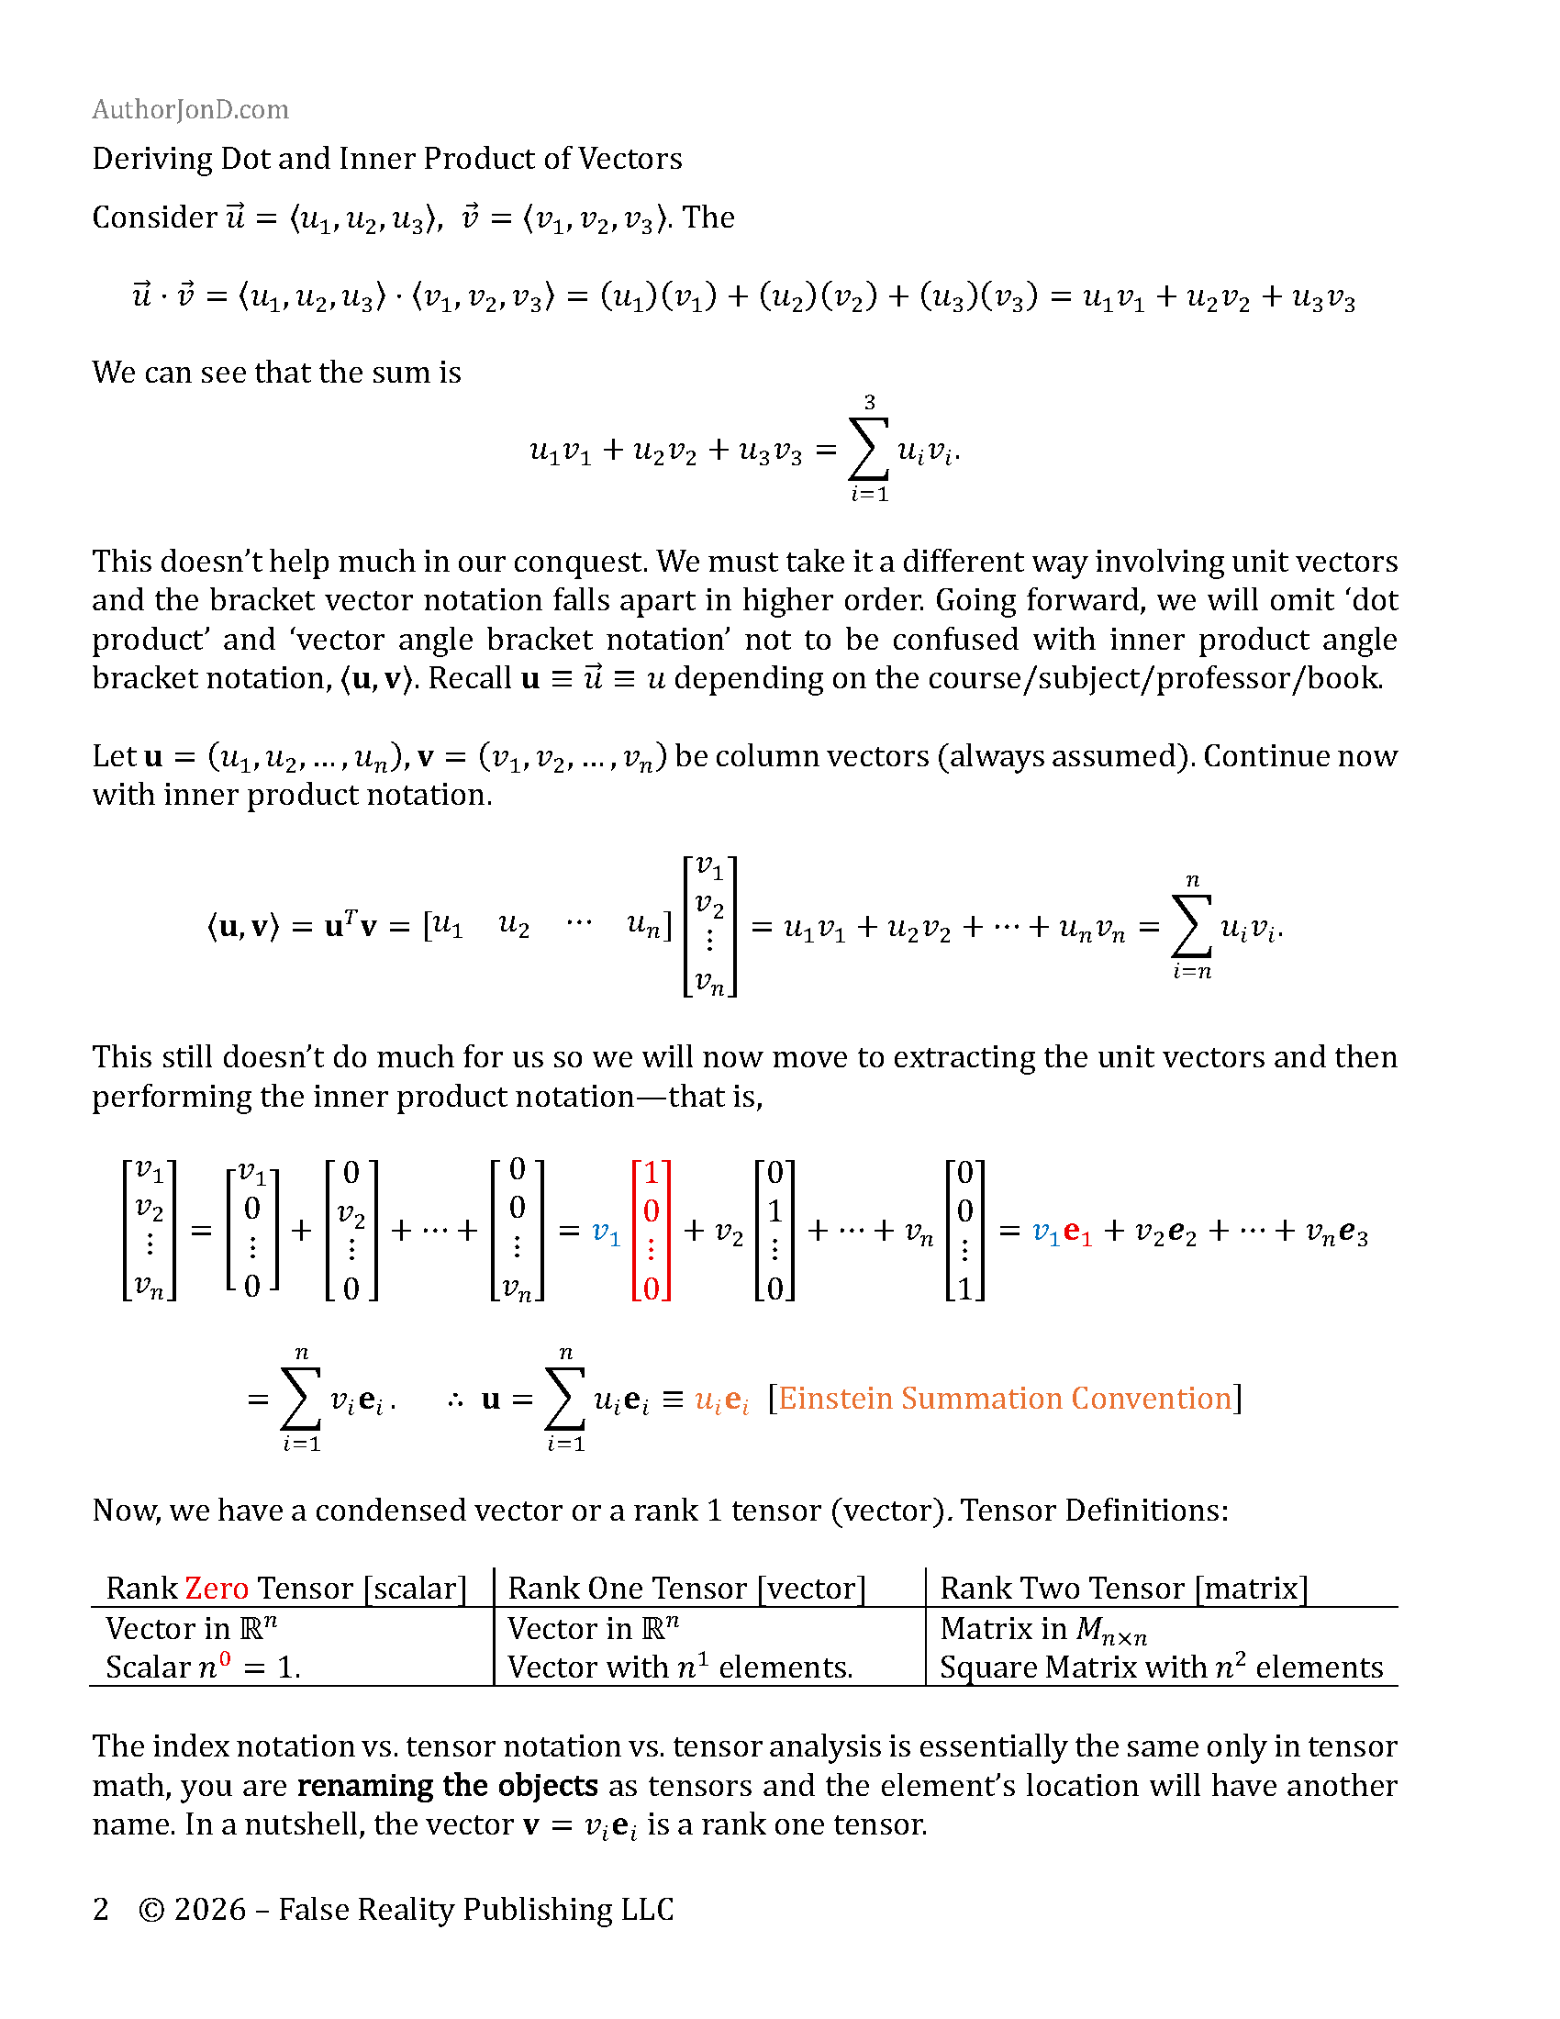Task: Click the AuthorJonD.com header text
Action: tap(190, 110)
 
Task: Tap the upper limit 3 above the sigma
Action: tap(869, 402)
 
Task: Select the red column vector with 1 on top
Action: tap(652, 1231)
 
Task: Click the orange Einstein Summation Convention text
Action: tap(1006, 1399)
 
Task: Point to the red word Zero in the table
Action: tap(217, 1589)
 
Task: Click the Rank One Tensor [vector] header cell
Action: tap(686, 1589)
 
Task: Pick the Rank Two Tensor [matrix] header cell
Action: tap(1124, 1589)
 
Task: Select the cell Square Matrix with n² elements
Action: tap(1161, 1668)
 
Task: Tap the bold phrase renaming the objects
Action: tap(448, 1786)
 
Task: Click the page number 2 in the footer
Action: tap(101, 1910)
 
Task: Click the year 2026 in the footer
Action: tap(210, 1910)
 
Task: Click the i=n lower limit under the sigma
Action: tap(1192, 972)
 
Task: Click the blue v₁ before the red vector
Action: tap(606, 1233)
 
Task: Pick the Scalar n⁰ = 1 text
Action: tap(204, 1668)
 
